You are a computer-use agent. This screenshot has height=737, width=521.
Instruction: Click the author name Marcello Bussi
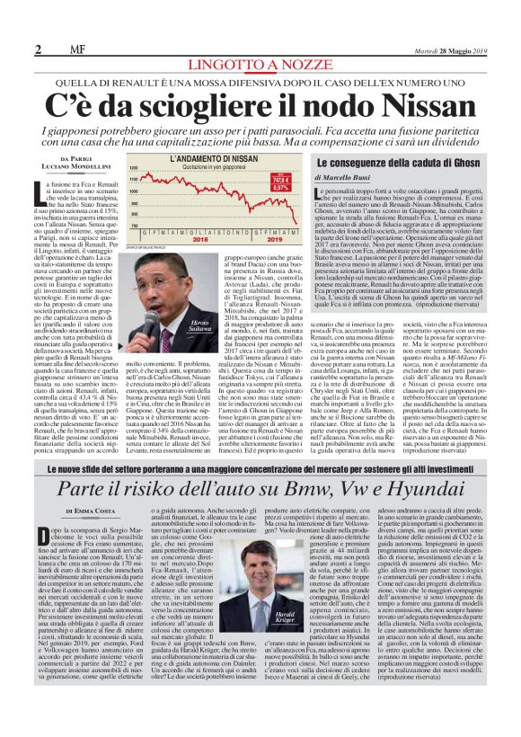pos(399,178)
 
